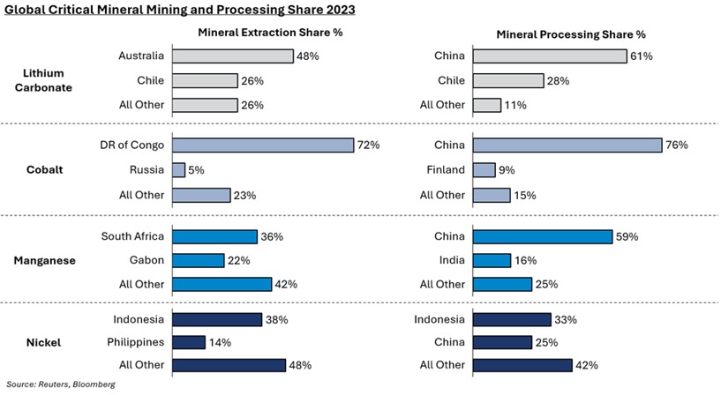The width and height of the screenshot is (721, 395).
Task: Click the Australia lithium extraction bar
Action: [x=233, y=56]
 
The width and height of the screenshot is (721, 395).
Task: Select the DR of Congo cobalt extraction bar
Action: [x=263, y=145]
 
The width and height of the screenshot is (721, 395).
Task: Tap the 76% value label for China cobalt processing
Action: [x=676, y=145]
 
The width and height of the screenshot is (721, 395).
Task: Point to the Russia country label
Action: [x=147, y=170]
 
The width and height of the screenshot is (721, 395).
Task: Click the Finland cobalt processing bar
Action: [x=484, y=170]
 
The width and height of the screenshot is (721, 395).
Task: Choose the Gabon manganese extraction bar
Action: [x=199, y=260]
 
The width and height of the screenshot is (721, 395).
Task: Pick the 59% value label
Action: [x=627, y=236]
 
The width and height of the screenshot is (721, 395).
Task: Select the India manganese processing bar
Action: [x=492, y=260]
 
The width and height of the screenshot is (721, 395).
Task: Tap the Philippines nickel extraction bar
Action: [x=189, y=342]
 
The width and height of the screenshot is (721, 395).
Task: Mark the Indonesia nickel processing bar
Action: [x=513, y=319]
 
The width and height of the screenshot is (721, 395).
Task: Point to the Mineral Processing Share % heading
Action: [x=570, y=34]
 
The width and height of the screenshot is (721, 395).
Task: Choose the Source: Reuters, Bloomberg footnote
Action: [x=61, y=384]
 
